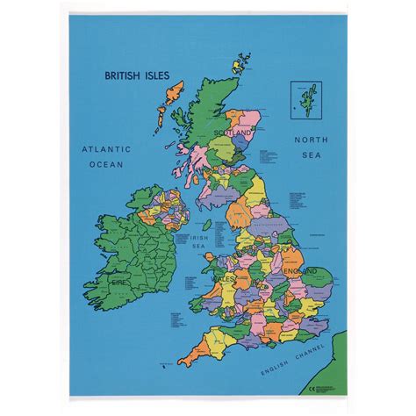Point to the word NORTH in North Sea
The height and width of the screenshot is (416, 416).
pos(312,140)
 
